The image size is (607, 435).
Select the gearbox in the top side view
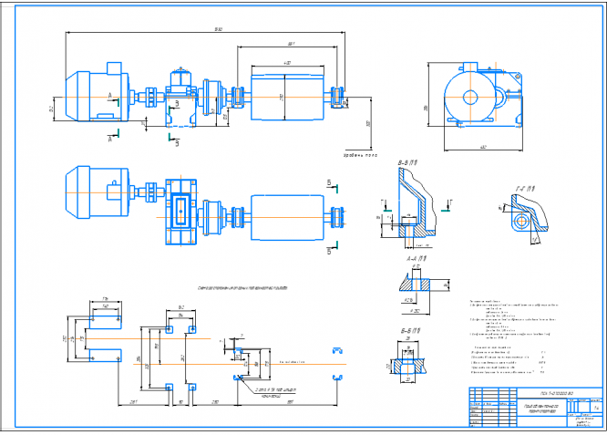coord(180,96)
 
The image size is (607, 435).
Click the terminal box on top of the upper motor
coord(114,67)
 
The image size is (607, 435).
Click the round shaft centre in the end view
coord(471,98)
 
